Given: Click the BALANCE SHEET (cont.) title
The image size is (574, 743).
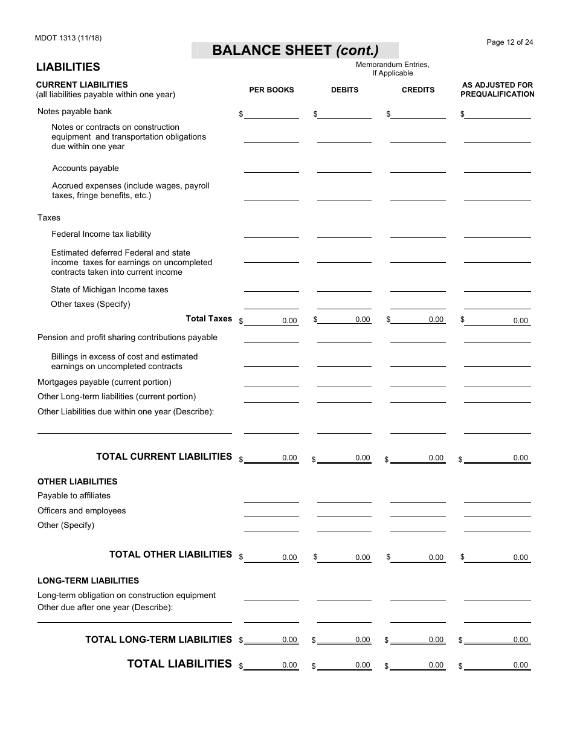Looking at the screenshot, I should pyautogui.click(x=295, y=51).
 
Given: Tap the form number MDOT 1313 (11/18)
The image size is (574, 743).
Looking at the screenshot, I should pyautogui.click(x=69, y=38).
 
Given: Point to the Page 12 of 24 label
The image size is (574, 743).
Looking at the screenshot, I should pyautogui.click(x=510, y=42).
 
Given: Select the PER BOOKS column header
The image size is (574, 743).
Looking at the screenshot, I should pyautogui.click(x=271, y=90).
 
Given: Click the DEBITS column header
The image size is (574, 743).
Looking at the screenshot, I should pyautogui.click(x=344, y=90).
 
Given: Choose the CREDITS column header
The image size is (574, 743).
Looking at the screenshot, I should pyautogui.click(x=418, y=90).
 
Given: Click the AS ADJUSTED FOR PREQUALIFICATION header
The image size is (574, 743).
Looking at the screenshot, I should pyautogui.click(x=497, y=89).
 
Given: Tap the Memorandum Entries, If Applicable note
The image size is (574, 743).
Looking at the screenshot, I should pyautogui.click(x=392, y=69).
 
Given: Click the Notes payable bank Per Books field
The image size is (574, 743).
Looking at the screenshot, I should pyautogui.click(x=271, y=114).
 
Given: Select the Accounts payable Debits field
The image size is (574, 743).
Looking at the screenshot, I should pyautogui.click(x=344, y=168).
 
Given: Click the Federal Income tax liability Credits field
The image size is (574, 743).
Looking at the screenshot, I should pyautogui.click(x=418, y=234).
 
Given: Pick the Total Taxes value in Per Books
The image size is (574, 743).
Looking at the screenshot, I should pyautogui.click(x=271, y=320).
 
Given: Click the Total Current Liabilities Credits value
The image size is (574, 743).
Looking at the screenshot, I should pyautogui.click(x=418, y=458).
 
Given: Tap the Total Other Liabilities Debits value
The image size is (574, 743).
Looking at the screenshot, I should pyautogui.click(x=344, y=557).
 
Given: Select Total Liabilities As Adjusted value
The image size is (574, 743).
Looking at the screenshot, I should pyautogui.click(x=497, y=665).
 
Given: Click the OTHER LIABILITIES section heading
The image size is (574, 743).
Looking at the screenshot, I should pyautogui.click(x=77, y=481).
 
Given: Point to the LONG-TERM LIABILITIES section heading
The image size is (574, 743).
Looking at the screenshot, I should pyautogui.click(x=88, y=581).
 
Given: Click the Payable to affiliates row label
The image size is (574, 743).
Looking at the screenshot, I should pyautogui.click(x=74, y=495).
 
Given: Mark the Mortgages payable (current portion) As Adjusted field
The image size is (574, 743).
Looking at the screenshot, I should pyautogui.click(x=497, y=382).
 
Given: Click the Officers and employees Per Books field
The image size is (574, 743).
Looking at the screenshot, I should pyautogui.click(x=271, y=511).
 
